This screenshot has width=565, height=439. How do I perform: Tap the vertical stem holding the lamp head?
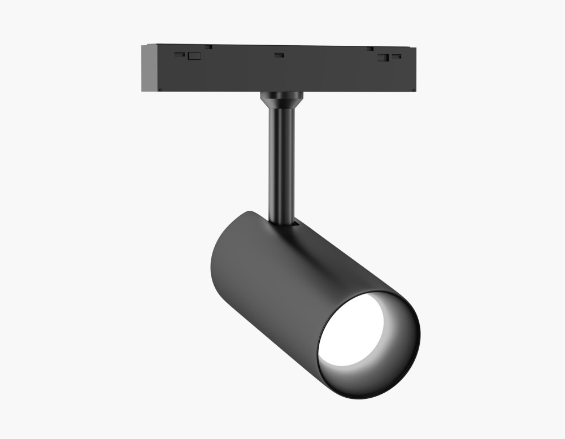[281, 164]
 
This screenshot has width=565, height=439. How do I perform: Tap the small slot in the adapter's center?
[279, 55]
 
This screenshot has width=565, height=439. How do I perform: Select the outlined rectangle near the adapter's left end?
[194, 55]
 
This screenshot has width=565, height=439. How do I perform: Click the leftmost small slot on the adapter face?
[179, 54]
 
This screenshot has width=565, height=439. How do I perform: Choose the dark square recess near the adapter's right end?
[383, 57]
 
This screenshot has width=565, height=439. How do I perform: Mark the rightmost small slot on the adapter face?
[397, 56]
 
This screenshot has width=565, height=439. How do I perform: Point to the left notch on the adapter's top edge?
[208, 46]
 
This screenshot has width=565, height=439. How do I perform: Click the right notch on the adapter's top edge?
[370, 48]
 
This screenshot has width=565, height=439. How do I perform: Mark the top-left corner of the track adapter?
[143, 45]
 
